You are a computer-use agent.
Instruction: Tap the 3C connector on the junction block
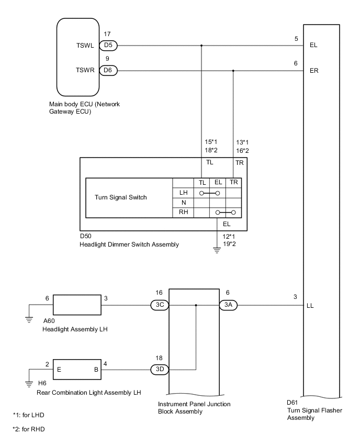point(160,305)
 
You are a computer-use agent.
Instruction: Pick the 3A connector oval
point(227,305)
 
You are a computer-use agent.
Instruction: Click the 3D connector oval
point(160,369)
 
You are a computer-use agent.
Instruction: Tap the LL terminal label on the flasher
point(312,305)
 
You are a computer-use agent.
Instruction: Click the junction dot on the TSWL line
point(202,45)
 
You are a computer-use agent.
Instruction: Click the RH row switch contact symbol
point(226,213)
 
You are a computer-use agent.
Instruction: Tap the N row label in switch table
point(183,203)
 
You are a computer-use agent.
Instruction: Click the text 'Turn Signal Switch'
point(121,198)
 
